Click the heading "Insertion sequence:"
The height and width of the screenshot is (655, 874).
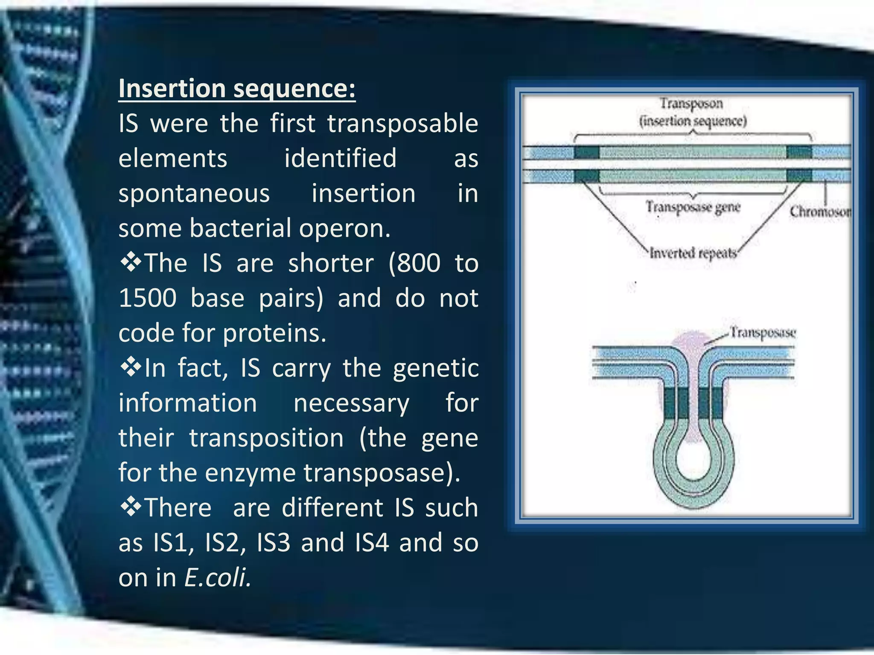(x=237, y=88)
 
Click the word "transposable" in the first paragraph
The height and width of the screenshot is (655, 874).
(x=402, y=124)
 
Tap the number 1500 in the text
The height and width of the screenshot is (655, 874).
(x=148, y=298)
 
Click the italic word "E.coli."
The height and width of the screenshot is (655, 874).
(x=218, y=578)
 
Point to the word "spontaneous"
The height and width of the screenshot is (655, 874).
(x=194, y=193)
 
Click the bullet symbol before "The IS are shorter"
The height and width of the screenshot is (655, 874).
(x=131, y=262)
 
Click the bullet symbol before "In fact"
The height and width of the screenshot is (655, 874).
(x=131, y=367)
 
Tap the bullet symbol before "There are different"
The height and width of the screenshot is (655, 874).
(x=131, y=507)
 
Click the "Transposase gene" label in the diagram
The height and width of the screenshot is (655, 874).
(x=693, y=207)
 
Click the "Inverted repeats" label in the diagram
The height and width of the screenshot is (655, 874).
(x=693, y=253)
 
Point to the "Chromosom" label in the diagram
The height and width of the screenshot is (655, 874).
(x=819, y=212)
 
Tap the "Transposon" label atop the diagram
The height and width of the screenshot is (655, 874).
(x=691, y=104)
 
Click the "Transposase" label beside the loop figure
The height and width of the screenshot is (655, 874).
(x=763, y=332)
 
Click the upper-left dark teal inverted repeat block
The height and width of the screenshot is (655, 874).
(x=586, y=152)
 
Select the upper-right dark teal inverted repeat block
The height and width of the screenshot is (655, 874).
(x=798, y=152)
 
